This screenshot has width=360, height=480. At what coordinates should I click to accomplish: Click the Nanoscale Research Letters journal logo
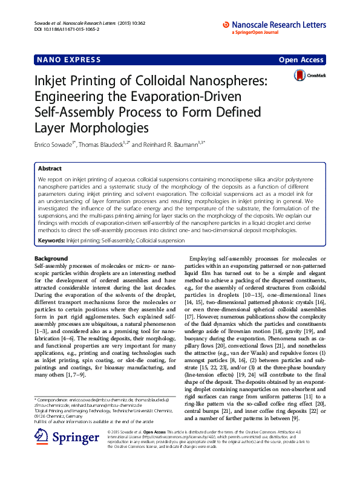pyautogui.click(x=274, y=25)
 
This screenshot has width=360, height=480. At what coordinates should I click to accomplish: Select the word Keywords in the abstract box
pyautogui.click(x=51, y=241)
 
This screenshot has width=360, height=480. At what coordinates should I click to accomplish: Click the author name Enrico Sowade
pyautogui.click(x=54, y=146)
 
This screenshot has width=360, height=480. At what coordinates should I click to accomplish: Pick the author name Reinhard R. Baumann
pyautogui.click(x=172, y=146)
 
